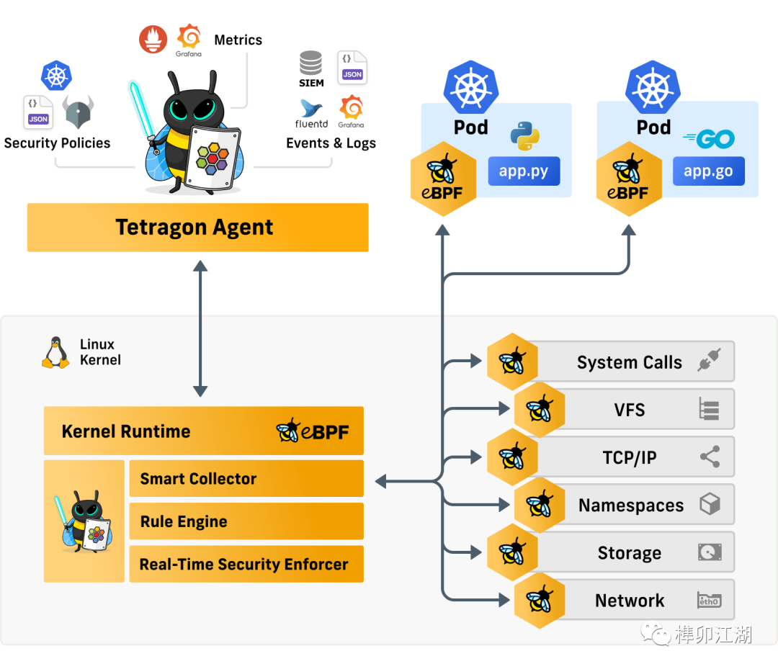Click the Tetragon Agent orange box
pyautogui.click(x=197, y=228)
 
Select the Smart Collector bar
pyautogui.click(x=246, y=479)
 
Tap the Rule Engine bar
pyautogui.click(x=246, y=521)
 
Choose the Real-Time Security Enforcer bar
pyautogui.click(x=246, y=564)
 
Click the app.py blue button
pyautogui.click(x=524, y=172)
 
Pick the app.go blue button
pyautogui.click(x=708, y=172)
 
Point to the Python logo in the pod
pyautogui.click(x=525, y=136)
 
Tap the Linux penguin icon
pyautogui.click(x=55, y=353)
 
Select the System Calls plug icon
pyautogui.click(x=709, y=362)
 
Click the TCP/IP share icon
pyautogui.click(x=710, y=457)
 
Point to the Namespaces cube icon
pyautogui.click(x=710, y=504)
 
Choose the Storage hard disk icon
pyautogui.click(x=710, y=552)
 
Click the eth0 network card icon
pyautogui.click(x=709, y=601)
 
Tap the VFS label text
pyautogui.click(x=629, y=410)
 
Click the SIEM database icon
pyautogui.click(x=311, y=63)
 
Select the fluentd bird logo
pyautogui.click(x=311, y=109)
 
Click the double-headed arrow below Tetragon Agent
pyautogui.click(x=200, y=329)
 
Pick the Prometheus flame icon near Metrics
pyautogui.click(x=153, y=39)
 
